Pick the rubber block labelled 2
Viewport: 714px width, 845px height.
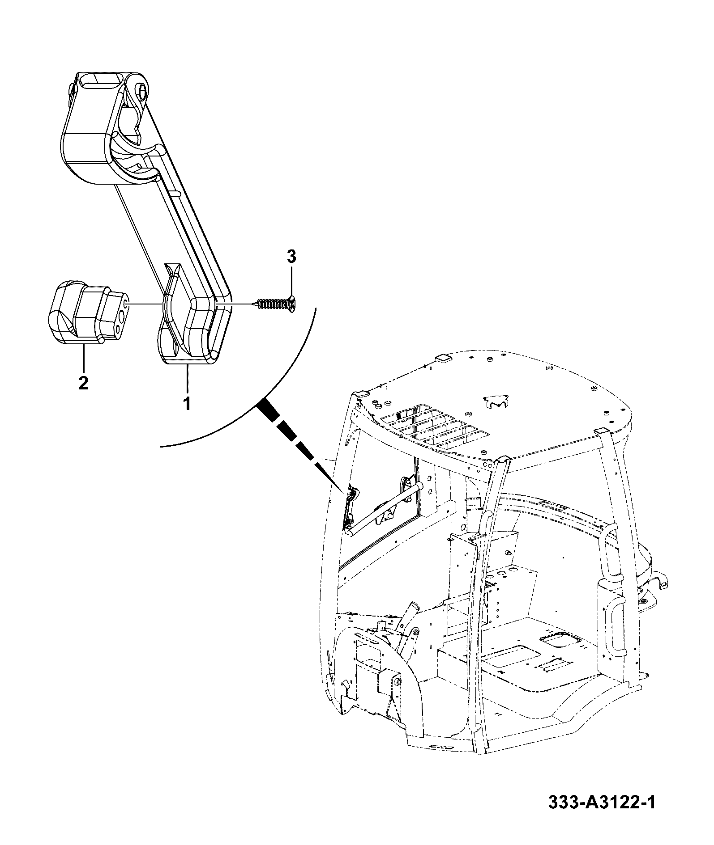88,313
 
